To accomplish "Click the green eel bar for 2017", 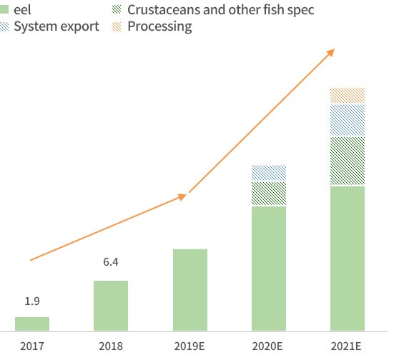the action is (32, 324).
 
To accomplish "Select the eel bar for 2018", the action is (111, 306).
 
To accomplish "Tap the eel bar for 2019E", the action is (190, 290).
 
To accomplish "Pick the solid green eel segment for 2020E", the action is (269, 269).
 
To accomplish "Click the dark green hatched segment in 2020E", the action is (269, 194).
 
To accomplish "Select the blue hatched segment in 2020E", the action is (269, 173).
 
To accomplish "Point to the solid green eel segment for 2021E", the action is (348, 259).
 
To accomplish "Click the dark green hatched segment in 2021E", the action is (348, 161).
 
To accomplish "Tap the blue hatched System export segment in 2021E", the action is (348, 120).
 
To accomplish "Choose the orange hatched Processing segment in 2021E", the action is (348, 96).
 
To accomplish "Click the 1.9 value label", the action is (32, 301).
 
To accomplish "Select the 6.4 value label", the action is (111, 262).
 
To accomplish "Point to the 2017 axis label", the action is (32, 346).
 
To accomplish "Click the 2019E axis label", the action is (189, 346).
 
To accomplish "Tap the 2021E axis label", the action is (346, 346).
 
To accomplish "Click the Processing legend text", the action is (159, 27).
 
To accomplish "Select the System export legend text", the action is (56, 26).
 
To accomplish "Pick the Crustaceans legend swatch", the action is (117, 9).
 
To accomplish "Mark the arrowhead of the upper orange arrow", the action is (331, 52).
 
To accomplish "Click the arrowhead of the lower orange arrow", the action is (182, 196).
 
